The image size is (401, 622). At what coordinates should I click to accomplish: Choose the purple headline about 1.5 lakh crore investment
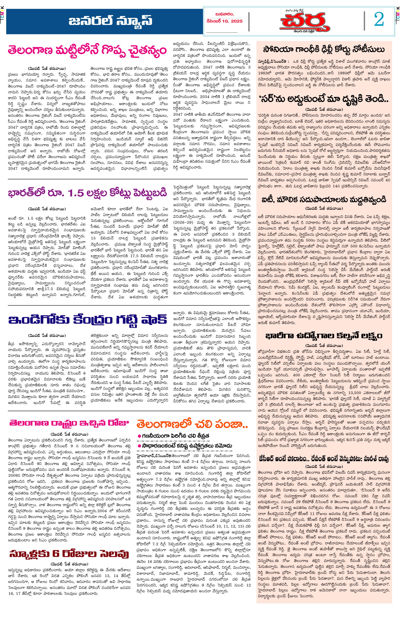[x=87, y=193]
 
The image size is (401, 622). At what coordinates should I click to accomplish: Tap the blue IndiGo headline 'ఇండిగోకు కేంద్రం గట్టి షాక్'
[x=87, y=320]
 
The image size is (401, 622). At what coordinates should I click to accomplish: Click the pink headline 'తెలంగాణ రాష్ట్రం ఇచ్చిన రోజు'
[x=69, y=423]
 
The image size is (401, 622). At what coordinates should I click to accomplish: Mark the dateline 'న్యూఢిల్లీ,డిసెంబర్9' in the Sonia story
[x=273, y=62]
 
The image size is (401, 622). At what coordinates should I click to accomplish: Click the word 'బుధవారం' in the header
[x=224, y=14]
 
